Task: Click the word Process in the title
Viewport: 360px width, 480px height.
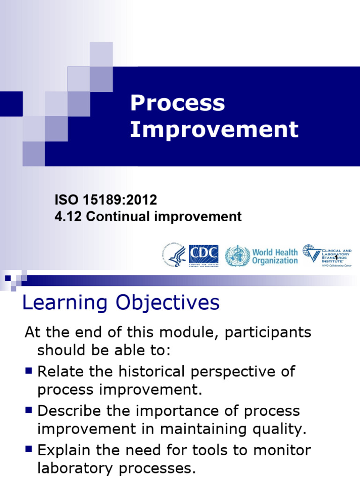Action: point(177,104)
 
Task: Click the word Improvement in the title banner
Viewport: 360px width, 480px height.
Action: point(214,129)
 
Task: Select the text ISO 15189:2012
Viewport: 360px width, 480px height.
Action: point(106,200)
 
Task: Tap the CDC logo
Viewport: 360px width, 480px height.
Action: point(203,256)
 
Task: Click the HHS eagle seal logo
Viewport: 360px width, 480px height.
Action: point(174,256)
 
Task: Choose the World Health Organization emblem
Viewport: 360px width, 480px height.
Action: point(237,256)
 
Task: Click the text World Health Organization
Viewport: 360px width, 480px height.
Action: point(275,256)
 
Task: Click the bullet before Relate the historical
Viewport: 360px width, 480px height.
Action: point(29,371)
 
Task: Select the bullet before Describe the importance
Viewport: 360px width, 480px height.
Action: point(29,410)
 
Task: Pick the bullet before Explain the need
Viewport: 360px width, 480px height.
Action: point(29,450)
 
